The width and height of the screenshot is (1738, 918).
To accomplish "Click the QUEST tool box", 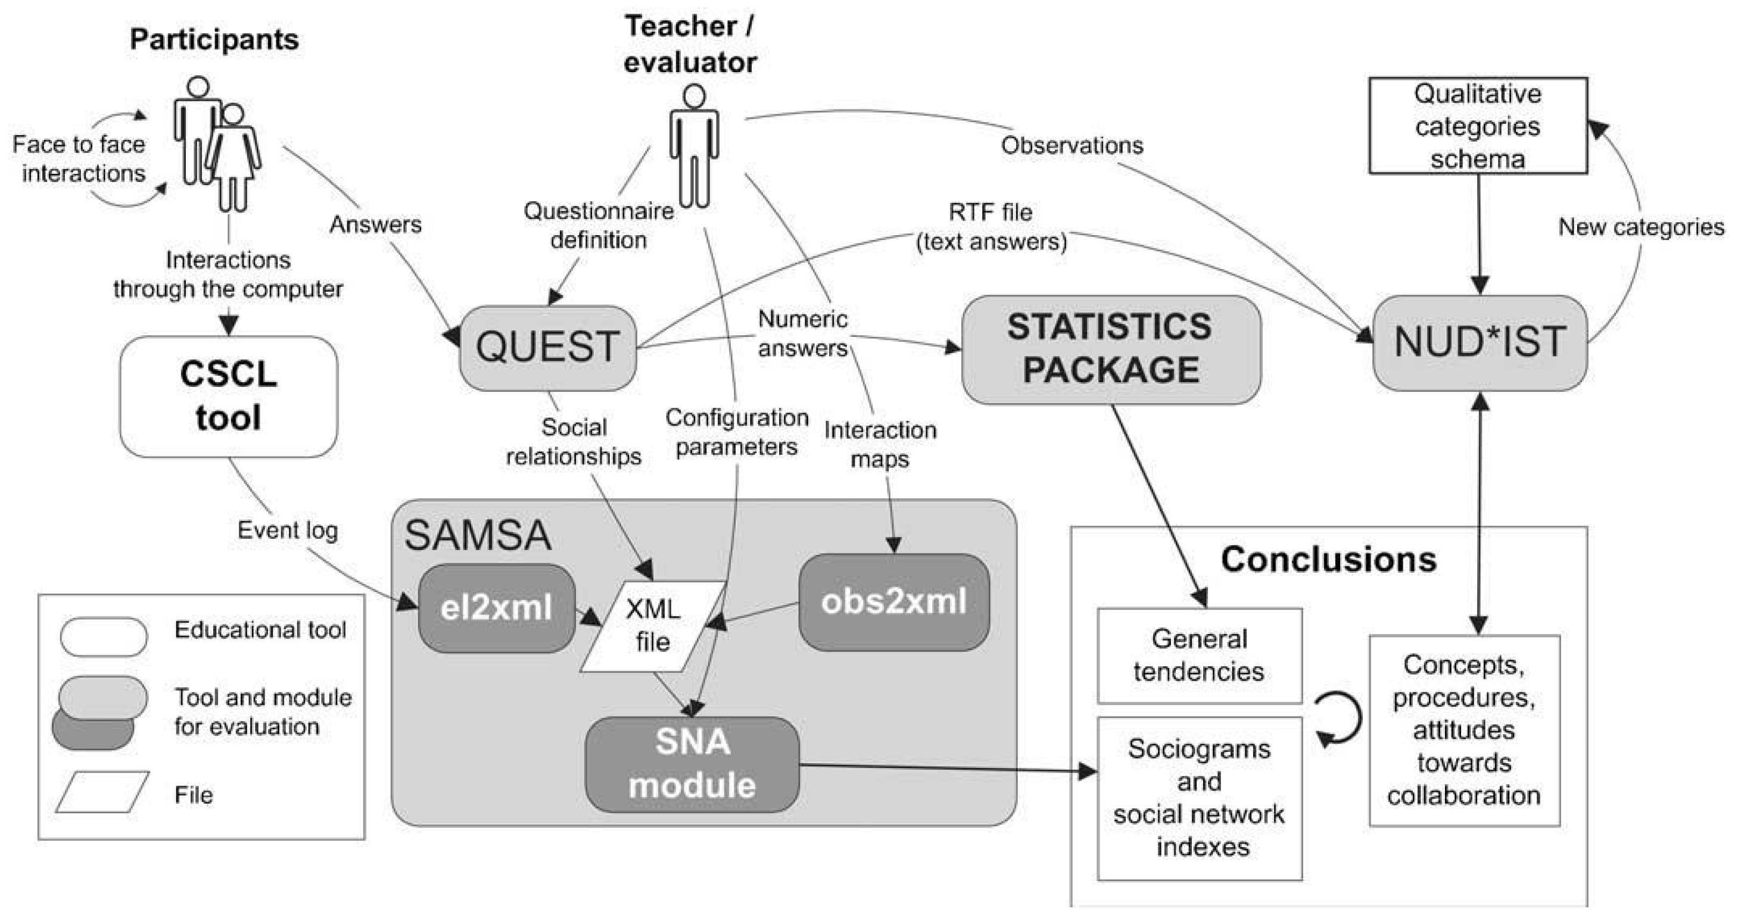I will coord(547,347).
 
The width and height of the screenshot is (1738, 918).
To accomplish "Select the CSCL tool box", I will coord(228,396).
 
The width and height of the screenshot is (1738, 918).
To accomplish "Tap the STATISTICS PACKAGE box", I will coord(1111,349).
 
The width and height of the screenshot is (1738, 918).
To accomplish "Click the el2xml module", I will coord(496,608).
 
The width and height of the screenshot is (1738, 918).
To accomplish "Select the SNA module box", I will coord(692,764).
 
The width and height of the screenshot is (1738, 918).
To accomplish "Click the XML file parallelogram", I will coord(652,626).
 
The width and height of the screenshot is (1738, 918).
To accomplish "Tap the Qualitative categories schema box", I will coord(1478,126).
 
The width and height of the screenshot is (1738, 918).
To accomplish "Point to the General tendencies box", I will coord(1199,655).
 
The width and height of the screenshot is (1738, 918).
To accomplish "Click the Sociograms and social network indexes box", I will coord(1199,798).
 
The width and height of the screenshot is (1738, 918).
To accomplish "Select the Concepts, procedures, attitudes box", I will coord(1464,730).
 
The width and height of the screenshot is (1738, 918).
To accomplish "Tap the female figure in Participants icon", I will coord(233,158).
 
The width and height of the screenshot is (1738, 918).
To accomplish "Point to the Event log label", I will coord(288,531).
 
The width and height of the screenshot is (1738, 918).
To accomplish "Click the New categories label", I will coord(1641,227).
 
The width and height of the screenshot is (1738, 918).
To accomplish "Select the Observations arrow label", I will coord(1072,146).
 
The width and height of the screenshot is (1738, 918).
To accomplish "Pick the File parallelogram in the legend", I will coord(102,791).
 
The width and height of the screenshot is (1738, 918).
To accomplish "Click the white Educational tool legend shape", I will coord(103,636).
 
